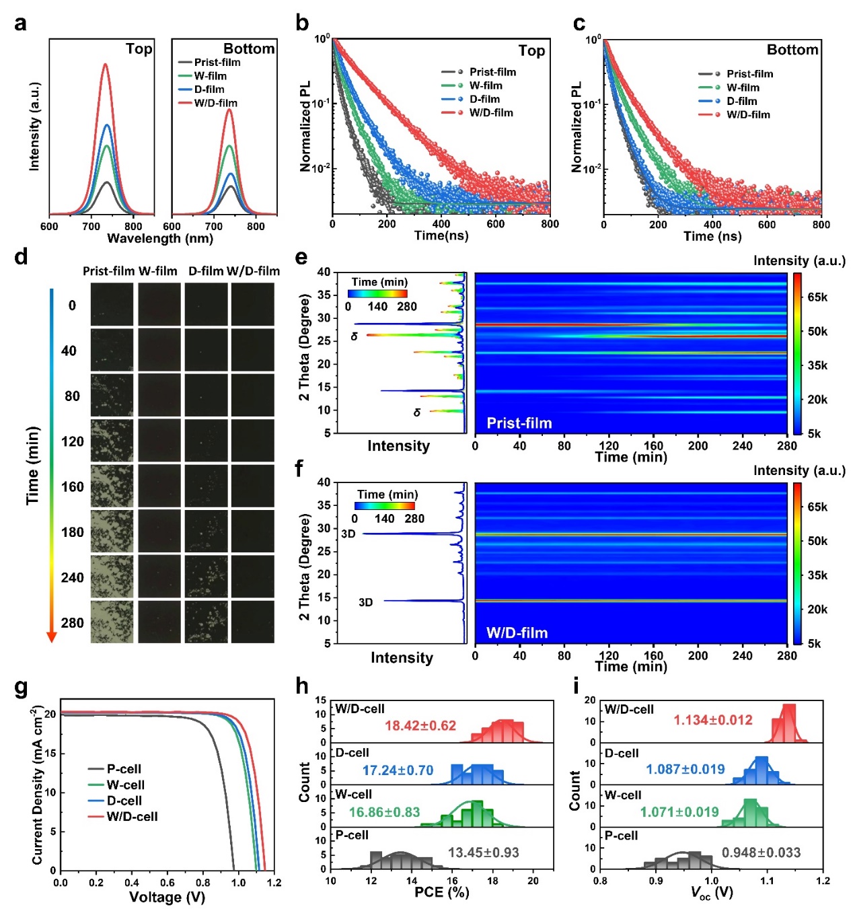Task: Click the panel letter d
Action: (x=21, y=257)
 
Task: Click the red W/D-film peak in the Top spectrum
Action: (x=105, y=65)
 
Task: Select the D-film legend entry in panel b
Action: (x=484, y=99)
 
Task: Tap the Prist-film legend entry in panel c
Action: (x=749, y=74)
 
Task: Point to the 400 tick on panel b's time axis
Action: (x=441, y=224)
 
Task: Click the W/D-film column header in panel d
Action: (x=253, y=271)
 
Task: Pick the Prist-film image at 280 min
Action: (x=113, y=622)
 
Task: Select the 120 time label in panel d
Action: (x=73, y=441)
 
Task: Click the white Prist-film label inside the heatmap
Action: (x=519, y=423)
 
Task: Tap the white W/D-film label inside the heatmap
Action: (x=517, y=633)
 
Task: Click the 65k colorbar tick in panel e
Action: (x=817, y=297)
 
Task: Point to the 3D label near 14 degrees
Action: (x=365, y=602)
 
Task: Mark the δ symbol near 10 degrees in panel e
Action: (x=417, y=412)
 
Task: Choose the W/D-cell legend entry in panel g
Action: (x=132, y=817)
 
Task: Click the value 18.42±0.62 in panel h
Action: (x=420, y=726)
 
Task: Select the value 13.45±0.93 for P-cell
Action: (x=483, y=852)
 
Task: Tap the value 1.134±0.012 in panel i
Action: (x=712, y=720)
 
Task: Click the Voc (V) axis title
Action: (x=712, y=893)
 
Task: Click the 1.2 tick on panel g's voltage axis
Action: (x=274, y=883)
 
